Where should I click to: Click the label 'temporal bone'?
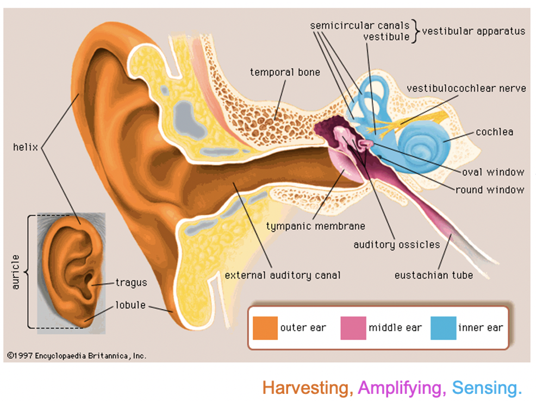[285, 72]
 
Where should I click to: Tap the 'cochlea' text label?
[494, 132]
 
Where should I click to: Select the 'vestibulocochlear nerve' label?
[466, 89]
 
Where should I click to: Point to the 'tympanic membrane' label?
[315, 226]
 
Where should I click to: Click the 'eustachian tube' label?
[433, 275]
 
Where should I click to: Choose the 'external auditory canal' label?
[283, 275]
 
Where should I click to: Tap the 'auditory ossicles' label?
[396, 244]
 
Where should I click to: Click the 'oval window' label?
[493, 172]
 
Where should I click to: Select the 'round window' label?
[490, 190]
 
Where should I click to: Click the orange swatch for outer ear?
[265, 328]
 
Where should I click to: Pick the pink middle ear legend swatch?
[353, 328]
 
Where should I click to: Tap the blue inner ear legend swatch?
[443, 328]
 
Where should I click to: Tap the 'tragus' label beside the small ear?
[131, 282]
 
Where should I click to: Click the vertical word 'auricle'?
[16, 272]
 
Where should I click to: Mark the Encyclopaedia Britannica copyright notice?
[77, 356]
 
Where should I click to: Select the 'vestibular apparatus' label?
[473, 31]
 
